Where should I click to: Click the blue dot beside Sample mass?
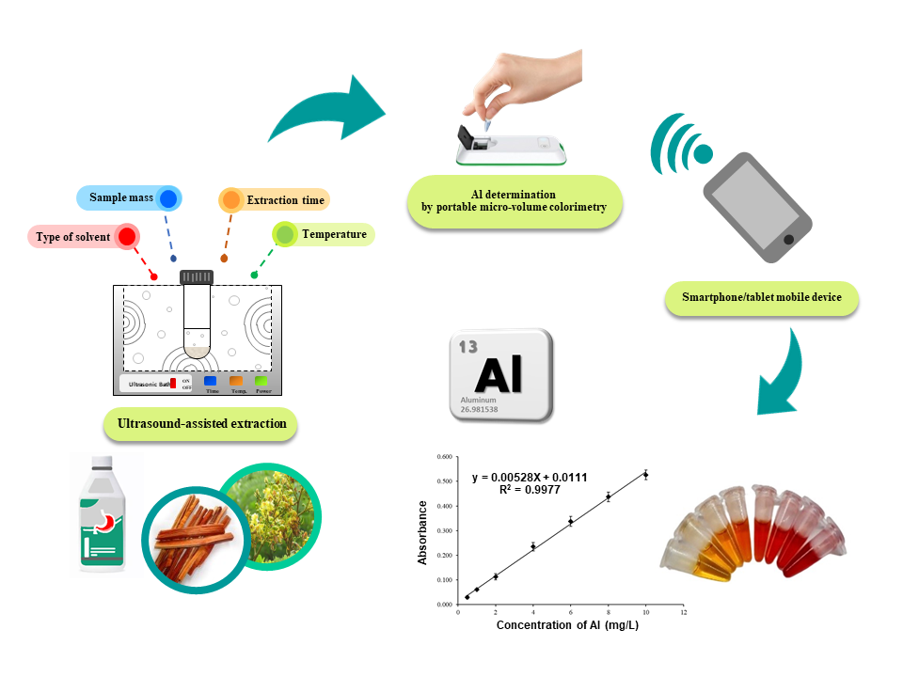[168, 198]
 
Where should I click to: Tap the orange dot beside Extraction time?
[230, 200]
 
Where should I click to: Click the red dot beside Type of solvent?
[125, 237]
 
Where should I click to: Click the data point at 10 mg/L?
[645, 474]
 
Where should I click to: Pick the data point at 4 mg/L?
[533, 546]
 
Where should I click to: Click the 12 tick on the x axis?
[683, 613]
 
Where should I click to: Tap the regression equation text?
[530, 478]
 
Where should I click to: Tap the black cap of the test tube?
[198, 276]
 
